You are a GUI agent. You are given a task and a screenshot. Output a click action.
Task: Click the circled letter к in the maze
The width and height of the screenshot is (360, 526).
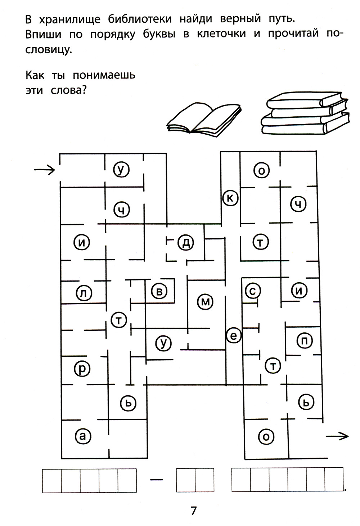pyautogui.click(x=230, y=198)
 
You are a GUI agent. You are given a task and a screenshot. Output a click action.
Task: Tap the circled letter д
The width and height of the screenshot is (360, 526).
pyautogui.click(x=186, y=243)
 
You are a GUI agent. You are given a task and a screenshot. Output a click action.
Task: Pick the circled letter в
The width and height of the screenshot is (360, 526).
pyautogui.click(x=159, y=291)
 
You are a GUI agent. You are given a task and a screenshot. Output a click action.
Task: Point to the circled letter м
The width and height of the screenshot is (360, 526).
pyautogui.click(x=205, y=302)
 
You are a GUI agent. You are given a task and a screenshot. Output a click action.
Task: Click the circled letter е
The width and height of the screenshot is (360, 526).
pyautogui.click(x=233, y=336)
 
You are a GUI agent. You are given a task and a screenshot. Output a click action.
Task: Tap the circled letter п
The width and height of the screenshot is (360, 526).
pyautogui.click(x=305, y=340)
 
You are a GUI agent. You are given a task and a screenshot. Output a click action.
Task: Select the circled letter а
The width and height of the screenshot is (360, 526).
pyautogui.click(x=83, y=436)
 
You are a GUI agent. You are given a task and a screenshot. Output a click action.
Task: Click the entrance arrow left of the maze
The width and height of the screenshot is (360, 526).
pyautogui.click(x=44, y=169)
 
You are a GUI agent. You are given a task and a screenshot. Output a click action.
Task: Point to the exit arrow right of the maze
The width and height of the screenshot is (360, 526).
pyautogui.click(x=337, y=436)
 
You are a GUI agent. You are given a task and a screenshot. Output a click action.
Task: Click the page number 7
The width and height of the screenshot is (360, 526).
pyautogui.click(x=194, y=511)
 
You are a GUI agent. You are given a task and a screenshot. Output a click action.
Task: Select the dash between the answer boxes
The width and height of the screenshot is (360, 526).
pyautogui.click(x=156, y=480)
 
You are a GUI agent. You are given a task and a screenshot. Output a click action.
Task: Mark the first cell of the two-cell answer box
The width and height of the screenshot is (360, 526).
pyautogui.click(x=185, y=480)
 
